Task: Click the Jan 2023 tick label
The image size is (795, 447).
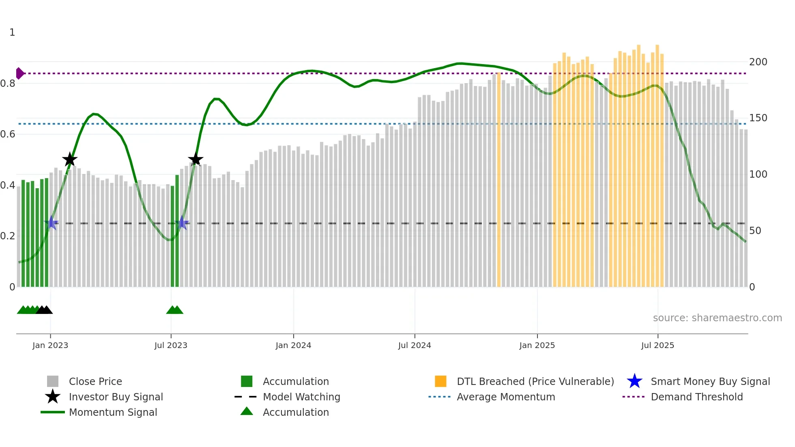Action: pos(50,346)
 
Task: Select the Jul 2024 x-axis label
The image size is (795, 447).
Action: pos(415,346)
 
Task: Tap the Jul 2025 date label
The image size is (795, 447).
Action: pos(657,346)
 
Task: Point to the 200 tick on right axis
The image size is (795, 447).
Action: pos(758,62)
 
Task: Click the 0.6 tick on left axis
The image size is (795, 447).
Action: pos(8,134)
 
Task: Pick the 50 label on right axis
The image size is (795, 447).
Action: pos(755,231)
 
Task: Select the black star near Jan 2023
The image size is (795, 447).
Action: pos(70,159)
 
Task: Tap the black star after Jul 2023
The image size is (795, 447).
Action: pos(196,159)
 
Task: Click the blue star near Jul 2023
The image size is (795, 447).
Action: pos(182,223)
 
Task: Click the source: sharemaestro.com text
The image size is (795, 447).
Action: pos(717,318)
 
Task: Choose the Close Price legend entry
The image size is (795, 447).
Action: pos(95,382)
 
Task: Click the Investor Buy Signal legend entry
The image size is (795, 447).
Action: pos(116,397)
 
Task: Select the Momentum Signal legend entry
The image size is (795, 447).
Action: pos(113,413)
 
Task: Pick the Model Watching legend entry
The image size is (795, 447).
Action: pos(301,397)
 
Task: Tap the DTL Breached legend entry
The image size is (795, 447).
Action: pos(535,382)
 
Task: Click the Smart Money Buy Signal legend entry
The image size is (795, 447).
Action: pos(710,382)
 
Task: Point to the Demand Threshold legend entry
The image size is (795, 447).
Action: pos(696,397)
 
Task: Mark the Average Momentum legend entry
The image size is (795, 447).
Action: pos(506,397)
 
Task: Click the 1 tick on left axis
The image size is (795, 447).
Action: pos(12,32)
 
